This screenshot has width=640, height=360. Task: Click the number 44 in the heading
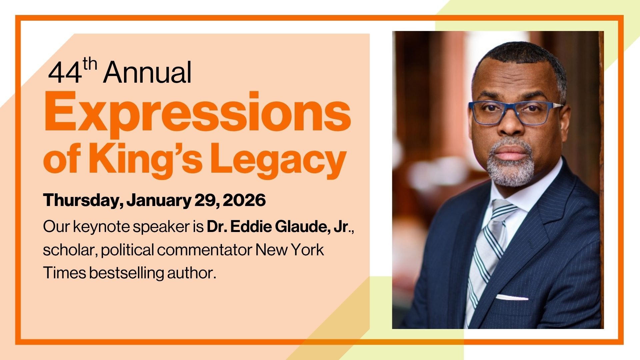65,73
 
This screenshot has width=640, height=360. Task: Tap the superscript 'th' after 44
90,65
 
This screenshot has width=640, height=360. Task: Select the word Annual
147,73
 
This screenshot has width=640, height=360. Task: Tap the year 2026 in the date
244,200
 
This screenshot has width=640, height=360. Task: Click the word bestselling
126,273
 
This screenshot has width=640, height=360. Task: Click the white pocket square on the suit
512,297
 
